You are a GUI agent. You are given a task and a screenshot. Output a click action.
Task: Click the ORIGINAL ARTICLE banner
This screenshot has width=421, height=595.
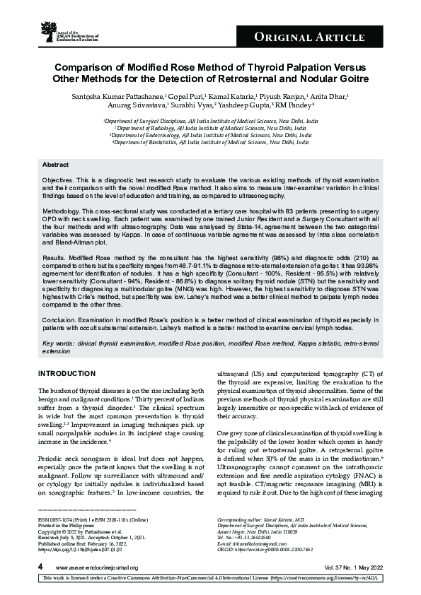tap(330, 37)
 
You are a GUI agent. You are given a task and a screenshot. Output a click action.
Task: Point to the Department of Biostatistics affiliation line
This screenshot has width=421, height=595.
tap(210, 142)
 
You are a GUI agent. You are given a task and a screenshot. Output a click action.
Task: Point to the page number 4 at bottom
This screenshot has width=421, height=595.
tap(40, 567)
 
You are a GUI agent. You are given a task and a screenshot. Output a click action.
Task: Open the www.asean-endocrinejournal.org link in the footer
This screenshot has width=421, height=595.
tap(96, 567)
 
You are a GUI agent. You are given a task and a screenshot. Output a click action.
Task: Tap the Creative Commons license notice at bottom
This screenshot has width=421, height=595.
tap(210, 579)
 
